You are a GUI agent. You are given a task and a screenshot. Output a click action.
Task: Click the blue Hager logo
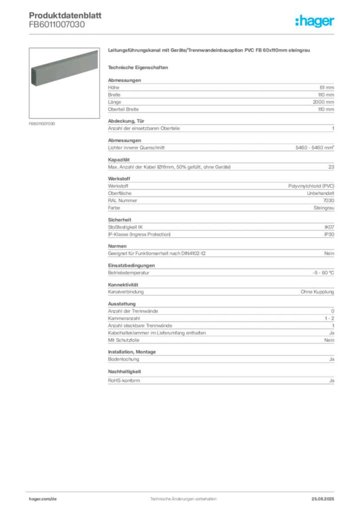click(x=315, y=21)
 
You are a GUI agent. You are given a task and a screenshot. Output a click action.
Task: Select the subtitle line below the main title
click(x=139, y=67)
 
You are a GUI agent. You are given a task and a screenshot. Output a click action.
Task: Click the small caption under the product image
click(x=42, y=123)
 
